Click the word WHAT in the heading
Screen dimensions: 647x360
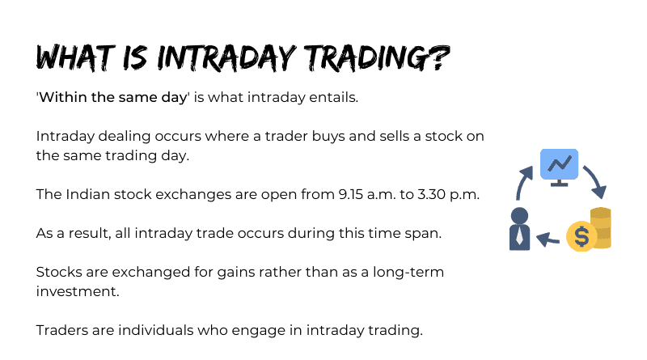[75, 57]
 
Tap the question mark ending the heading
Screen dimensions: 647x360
[441, 57]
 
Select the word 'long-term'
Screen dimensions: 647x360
[408, 272]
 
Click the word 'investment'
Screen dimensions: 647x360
[78, 291]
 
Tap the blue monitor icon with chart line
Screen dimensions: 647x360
[559, 167]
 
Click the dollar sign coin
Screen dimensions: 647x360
[581, 236]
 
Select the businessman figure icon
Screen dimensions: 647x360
[519, 229]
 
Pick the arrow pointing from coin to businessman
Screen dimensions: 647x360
[548, 239]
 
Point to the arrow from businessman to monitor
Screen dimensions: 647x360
[522, 182]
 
